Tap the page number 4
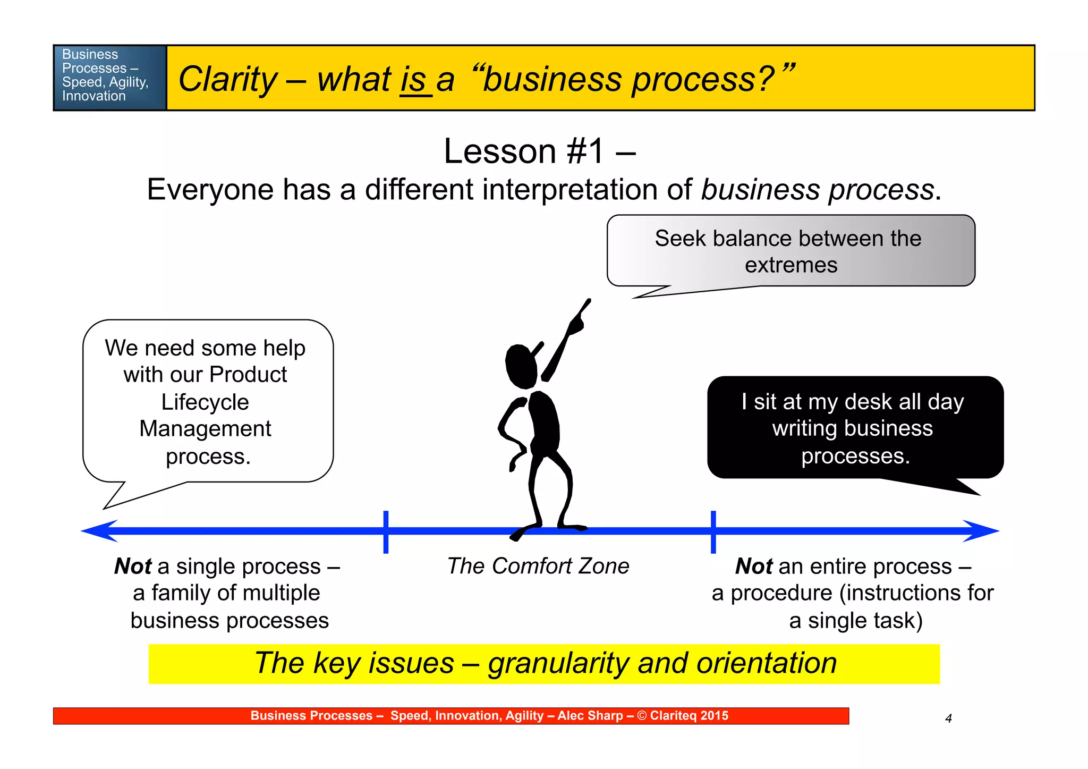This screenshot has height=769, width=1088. [x=948, y=719]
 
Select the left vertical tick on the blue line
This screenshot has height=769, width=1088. [x=386, y=531]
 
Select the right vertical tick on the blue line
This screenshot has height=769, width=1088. [x=713, y=531]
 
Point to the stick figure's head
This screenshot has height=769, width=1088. [x=521, y=367]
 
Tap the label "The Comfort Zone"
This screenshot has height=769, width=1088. [x=538, y=566]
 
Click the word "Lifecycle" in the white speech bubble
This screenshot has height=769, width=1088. [x=205, y=402]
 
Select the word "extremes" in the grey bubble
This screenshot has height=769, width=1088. [x=790, y=265]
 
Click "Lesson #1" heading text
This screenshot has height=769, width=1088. [x=523, y=151]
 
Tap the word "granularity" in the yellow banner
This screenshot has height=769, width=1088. [x=558, y=663]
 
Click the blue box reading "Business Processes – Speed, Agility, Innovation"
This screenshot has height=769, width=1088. [x=109, y=78]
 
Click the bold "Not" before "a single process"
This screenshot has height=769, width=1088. [x=133, y=567]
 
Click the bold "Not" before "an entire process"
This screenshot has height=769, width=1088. [x=753, y=567]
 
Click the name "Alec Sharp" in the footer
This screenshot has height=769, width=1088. [x=590, y=716]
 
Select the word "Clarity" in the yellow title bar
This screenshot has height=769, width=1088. [x=228, y=80]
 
